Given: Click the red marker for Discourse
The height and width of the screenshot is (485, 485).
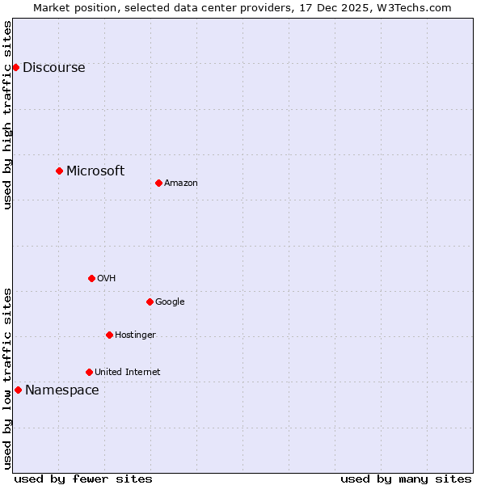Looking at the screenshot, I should [x=15, y=67].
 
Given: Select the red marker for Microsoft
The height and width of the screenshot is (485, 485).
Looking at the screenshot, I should [x=59, y=171].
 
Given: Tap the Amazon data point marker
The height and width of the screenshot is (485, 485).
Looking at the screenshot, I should [x=158, y=183].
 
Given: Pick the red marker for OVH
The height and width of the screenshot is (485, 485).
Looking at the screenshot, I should [x=91, y=278].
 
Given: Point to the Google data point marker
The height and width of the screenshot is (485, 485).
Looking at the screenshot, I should [x=150, y=302].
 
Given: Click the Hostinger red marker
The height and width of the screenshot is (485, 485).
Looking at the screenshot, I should [x=109, y=335].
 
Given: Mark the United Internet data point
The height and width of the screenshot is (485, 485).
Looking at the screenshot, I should [x=89, y=372].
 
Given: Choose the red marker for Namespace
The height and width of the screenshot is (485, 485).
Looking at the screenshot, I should [x=18, y=390].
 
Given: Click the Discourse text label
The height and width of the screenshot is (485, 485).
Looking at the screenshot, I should [x=53, y=68].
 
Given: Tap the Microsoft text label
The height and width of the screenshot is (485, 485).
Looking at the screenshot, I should [x=95, y=171].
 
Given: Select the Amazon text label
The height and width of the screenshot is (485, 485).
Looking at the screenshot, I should [x=181, y=183].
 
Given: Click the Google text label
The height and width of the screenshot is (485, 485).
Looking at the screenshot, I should [x=170, y=302].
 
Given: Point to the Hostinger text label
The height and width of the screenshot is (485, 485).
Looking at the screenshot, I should [x=135, y=335].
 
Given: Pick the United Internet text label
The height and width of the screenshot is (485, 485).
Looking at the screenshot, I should [x=127, y=373].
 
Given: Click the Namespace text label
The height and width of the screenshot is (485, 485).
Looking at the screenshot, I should [x=62, y=390].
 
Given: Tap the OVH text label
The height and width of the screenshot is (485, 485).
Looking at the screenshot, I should [x=107, y=279].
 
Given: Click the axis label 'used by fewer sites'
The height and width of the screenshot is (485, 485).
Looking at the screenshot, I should [x=83, y=479].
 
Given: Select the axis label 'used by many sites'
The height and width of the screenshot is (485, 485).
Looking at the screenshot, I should [x=406, y=479].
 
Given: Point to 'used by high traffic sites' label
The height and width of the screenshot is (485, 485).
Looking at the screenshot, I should [x=8, y=115].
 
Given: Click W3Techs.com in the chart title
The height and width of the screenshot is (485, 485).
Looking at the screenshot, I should [x=411, y=7].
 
